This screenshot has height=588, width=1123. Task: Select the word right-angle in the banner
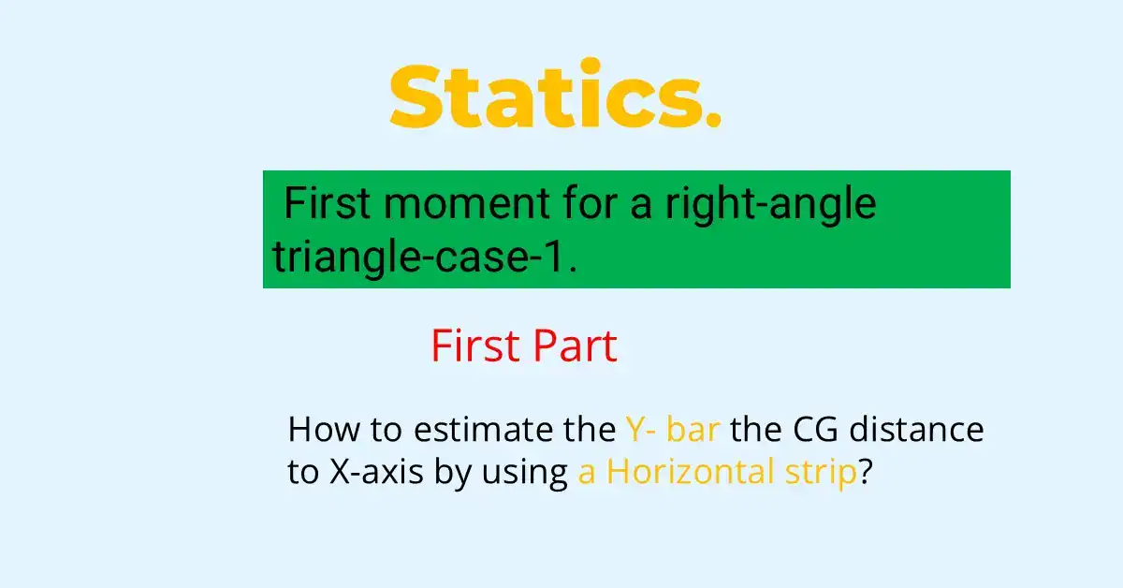click(771, 205)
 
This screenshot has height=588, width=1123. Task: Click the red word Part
click(575, 347)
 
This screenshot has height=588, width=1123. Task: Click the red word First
click(474, 347)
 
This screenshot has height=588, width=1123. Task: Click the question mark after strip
click(866, 473)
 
